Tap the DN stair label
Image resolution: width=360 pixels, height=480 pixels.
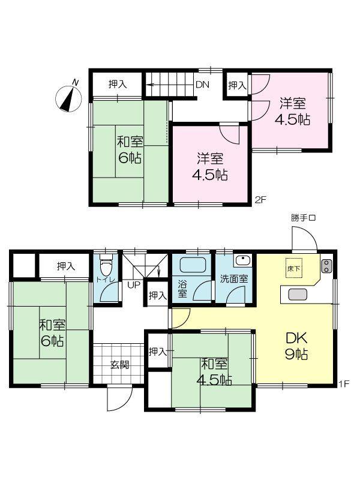(x=202, y=85)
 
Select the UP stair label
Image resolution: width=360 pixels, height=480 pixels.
(x=134, y=285)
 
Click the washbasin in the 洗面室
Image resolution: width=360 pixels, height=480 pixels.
(x=243, y=261)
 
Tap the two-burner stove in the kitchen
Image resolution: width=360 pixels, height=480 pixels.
(x=326, y=266)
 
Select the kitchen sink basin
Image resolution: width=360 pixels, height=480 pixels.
(x=298, y=295)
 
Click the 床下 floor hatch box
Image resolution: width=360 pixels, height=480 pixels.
(x=294, y=268)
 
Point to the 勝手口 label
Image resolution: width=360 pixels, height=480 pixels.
(x=303, y=218)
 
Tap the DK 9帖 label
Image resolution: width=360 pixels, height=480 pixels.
(x=296, y=346)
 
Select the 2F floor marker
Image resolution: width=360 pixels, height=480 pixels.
(x=261, y=200)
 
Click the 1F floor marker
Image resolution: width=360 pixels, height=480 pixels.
(x=344, y=384)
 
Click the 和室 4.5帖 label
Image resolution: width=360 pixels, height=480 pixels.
(x=214, y=372)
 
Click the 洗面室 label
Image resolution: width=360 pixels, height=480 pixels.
(x=234, y=279)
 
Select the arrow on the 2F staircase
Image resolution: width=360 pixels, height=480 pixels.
(x=170, y=85)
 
